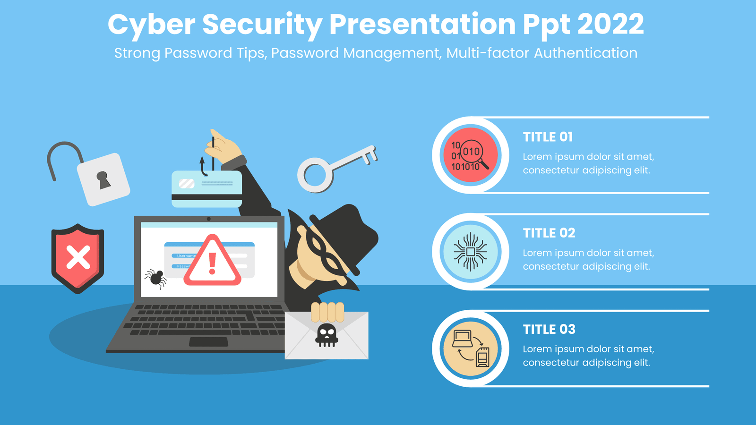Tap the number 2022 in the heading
tap(610, 24)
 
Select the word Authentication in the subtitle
tap(585, 53)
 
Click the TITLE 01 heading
tap(548, 137)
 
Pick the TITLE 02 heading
tap(549, 233)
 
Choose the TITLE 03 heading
tap(549, 329)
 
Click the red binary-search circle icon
tap(470, 155)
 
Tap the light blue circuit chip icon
tap(470, 252)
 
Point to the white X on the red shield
tap(78, 257)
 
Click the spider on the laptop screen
tap(156, 278)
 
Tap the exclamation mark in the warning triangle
tap(212, 263)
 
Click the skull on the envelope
tap(326, 335)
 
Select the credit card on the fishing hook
tap(207, 189)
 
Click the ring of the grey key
tap(315, 175)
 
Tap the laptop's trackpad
tap(208, 342)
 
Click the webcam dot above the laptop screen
tap(208, 219)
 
